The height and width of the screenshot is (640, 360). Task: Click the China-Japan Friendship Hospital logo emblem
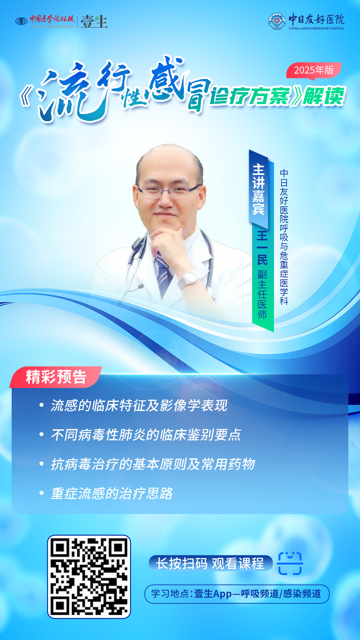[x=277, y=21]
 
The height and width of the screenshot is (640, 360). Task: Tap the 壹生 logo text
[x=94, y=22]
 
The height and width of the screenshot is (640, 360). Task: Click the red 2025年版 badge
[x=313, y=70]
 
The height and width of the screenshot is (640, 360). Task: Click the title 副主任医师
[x=262, y=294]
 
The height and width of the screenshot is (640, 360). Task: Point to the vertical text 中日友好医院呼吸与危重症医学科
[x=284, y=237]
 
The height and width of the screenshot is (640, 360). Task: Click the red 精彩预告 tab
[x=56, y=377]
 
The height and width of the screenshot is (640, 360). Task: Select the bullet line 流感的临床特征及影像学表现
[x=139, y=405]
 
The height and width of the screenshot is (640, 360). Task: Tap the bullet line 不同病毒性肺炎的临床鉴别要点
[x=146, y=435]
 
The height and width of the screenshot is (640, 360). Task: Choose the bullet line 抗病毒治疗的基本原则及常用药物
[x=153, y=464]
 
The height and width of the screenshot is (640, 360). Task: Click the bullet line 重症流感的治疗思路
[x=112, y=493]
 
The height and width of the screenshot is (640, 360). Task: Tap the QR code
[x=89, y=577]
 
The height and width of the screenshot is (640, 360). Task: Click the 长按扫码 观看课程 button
[x=210, y=563]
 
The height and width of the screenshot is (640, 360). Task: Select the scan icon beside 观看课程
[x=290, y=563]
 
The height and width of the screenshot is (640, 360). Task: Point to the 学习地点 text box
[x=237, y=594]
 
